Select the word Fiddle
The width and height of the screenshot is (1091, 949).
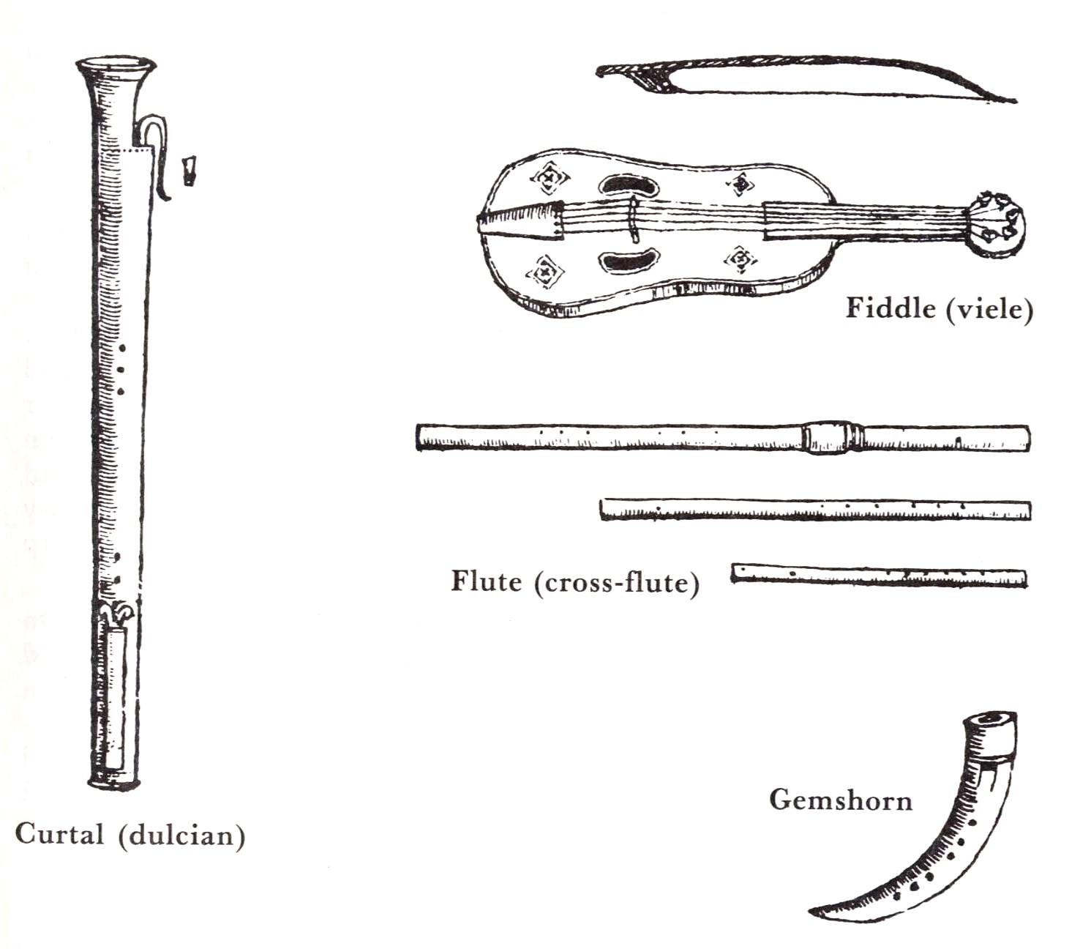[x=890, y=308]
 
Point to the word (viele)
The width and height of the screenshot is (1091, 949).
[x=990, y=310]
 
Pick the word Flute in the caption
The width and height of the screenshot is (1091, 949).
[x=487, y=581]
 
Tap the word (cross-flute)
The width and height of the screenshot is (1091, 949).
[x=616, y=583]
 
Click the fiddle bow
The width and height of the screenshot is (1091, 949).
[x=800, y=75]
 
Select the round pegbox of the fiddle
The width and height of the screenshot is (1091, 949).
[x=996, y=225]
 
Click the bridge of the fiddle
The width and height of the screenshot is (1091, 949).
[x=634, y=220]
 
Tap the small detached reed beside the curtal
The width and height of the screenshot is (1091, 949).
[x=189, y=171]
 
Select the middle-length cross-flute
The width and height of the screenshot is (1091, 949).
[x=815, y=510]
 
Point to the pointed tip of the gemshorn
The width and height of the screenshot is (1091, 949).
[x=811, y=911]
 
